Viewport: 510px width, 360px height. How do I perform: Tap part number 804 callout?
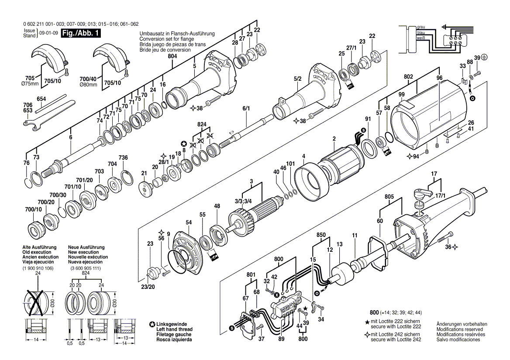(172, 56)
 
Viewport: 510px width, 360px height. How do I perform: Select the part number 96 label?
(439, 79)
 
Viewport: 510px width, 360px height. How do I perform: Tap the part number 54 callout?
(188, 223)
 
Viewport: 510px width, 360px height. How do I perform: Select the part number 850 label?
(321, 235)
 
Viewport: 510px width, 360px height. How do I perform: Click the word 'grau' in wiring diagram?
(420, 27)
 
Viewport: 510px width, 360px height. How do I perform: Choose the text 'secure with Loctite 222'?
(396, 327)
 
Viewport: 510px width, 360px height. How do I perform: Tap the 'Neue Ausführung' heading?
(86, 247)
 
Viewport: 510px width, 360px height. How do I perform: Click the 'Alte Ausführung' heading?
(39, 247)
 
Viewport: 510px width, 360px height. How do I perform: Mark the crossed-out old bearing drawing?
(37, 302)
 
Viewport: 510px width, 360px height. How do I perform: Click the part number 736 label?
(123, 158)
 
